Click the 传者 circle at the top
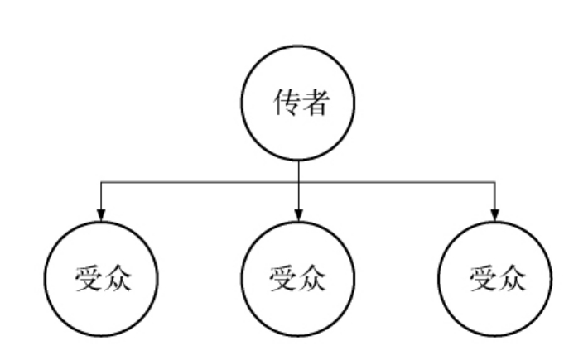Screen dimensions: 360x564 pyautogui.click(x=298, y=105)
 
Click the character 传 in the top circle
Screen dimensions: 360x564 pyautogui.click(x=284, y=105)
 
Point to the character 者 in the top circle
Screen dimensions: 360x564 pyautogui.click(x=312, y=105)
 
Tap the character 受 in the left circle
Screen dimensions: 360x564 pyautogui.click(x=86, y=278)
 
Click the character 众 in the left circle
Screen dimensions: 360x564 pyautogui.click(x=114, y=278)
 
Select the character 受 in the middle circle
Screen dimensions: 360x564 pyautogui.click(x=284, y=278)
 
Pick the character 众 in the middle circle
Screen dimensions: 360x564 pyautogui.click(x=312, y=278)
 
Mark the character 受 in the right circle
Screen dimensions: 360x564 pyautogui.click(x=481, y=278)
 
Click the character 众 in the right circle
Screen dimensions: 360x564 pyautogui.click(x=509, y=278)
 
